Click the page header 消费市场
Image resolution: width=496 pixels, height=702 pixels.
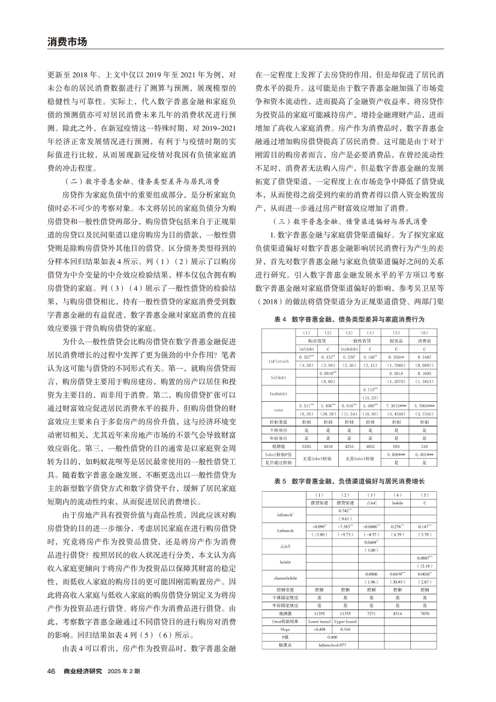coord(67,42)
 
